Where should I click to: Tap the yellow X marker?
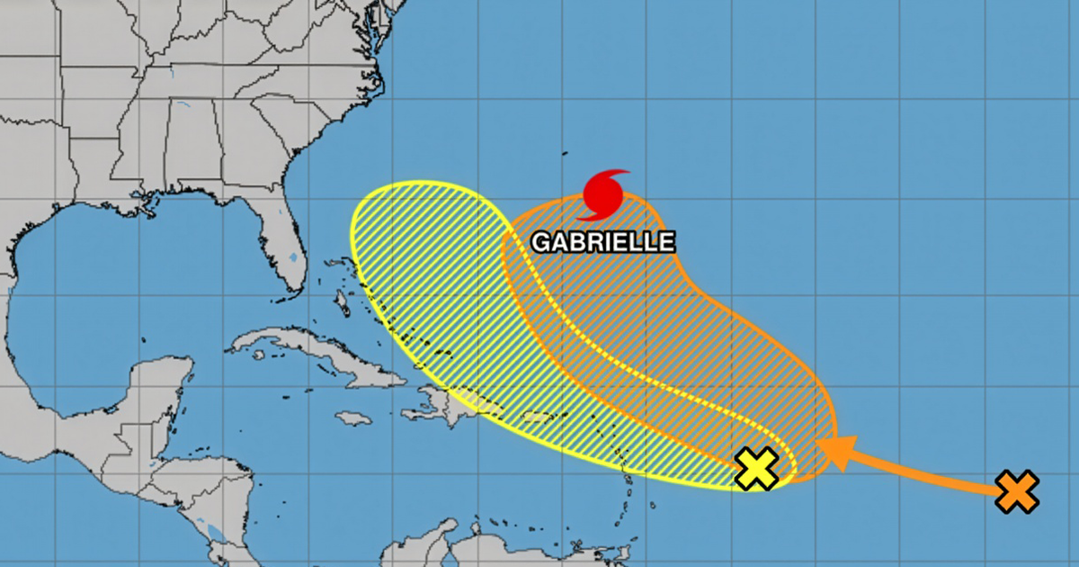click(757, 469)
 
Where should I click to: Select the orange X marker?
click(1017, 492)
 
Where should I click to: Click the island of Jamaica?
click(354, 418)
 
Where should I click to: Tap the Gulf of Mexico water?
click(108, 288)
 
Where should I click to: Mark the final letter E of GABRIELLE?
click(666, 242)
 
